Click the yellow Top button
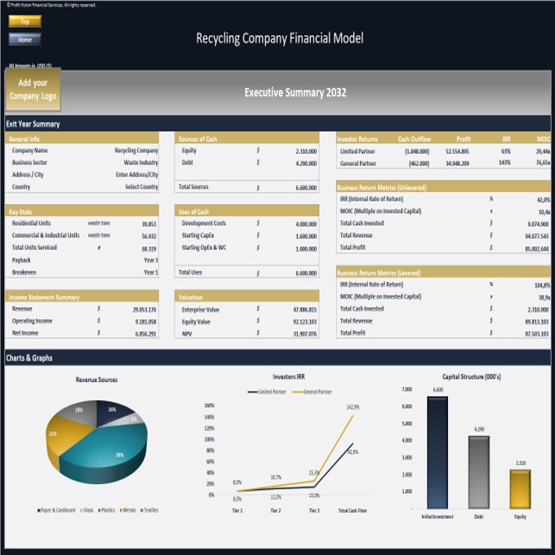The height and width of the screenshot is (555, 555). click(25, 21)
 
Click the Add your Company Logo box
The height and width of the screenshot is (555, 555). click(34, 89)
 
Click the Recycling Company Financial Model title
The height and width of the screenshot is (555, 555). click(280, 38)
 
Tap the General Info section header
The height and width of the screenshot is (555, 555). click(24, 138)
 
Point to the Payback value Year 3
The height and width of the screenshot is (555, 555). click(150, 259)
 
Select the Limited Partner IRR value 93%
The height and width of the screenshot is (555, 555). click(506, 150)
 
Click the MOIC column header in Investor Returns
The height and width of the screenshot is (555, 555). click(542, 138)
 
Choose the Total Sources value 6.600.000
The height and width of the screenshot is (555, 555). click(305, 187)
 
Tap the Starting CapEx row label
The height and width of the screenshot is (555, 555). click(201, 235)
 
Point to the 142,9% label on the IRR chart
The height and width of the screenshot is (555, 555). click(352, 406)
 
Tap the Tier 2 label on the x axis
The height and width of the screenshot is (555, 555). click(275, 511)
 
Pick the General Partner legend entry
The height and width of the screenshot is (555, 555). click(316, 392)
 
